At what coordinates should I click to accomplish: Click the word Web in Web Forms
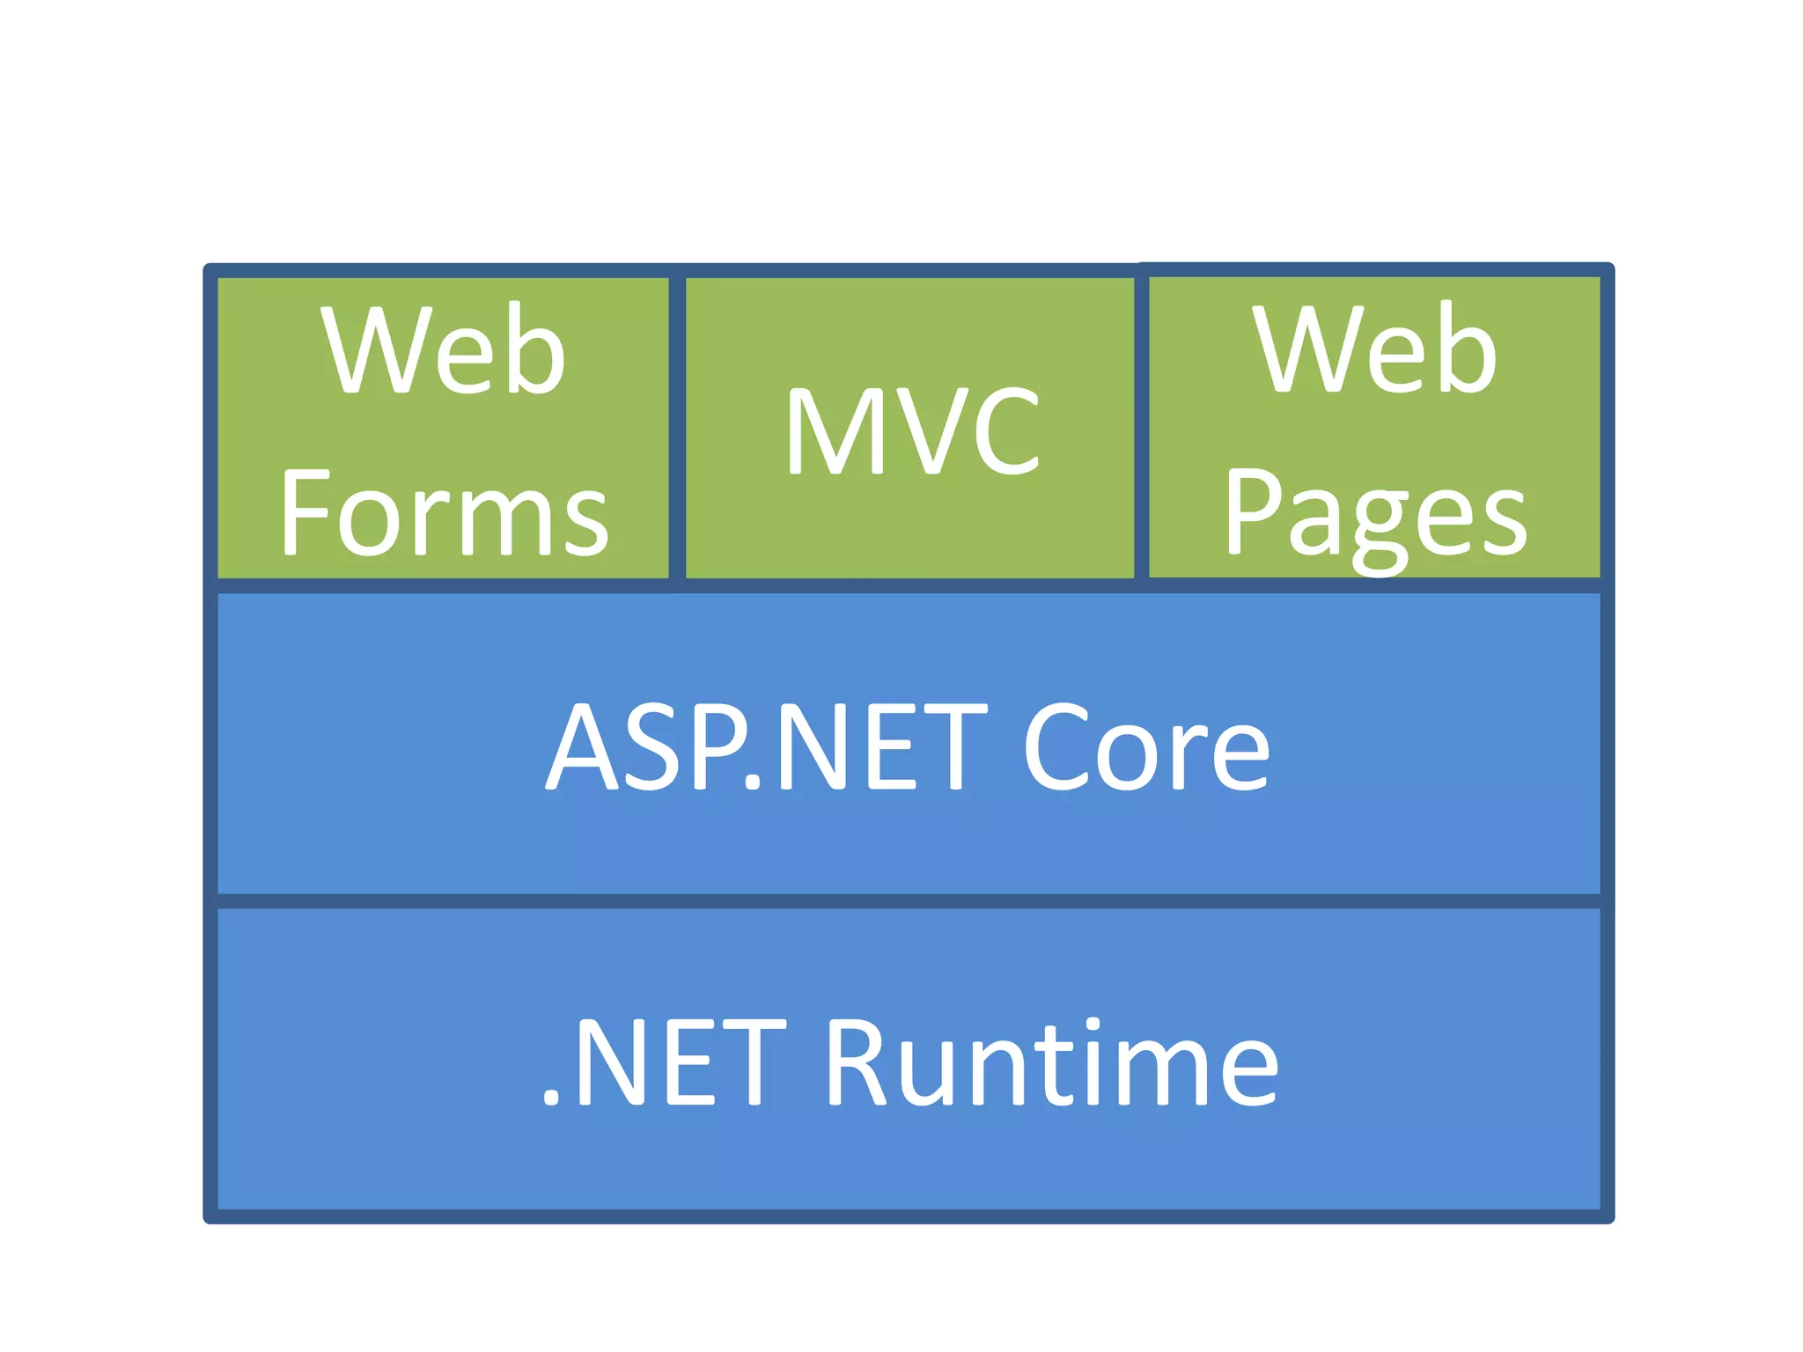[443, 350]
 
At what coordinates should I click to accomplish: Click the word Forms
[445, 513]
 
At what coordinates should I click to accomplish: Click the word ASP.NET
[766, 747]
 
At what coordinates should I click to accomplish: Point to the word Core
[1146, 747]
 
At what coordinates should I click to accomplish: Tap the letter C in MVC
[1005, 431]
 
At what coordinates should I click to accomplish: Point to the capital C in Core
[1055, 747]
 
